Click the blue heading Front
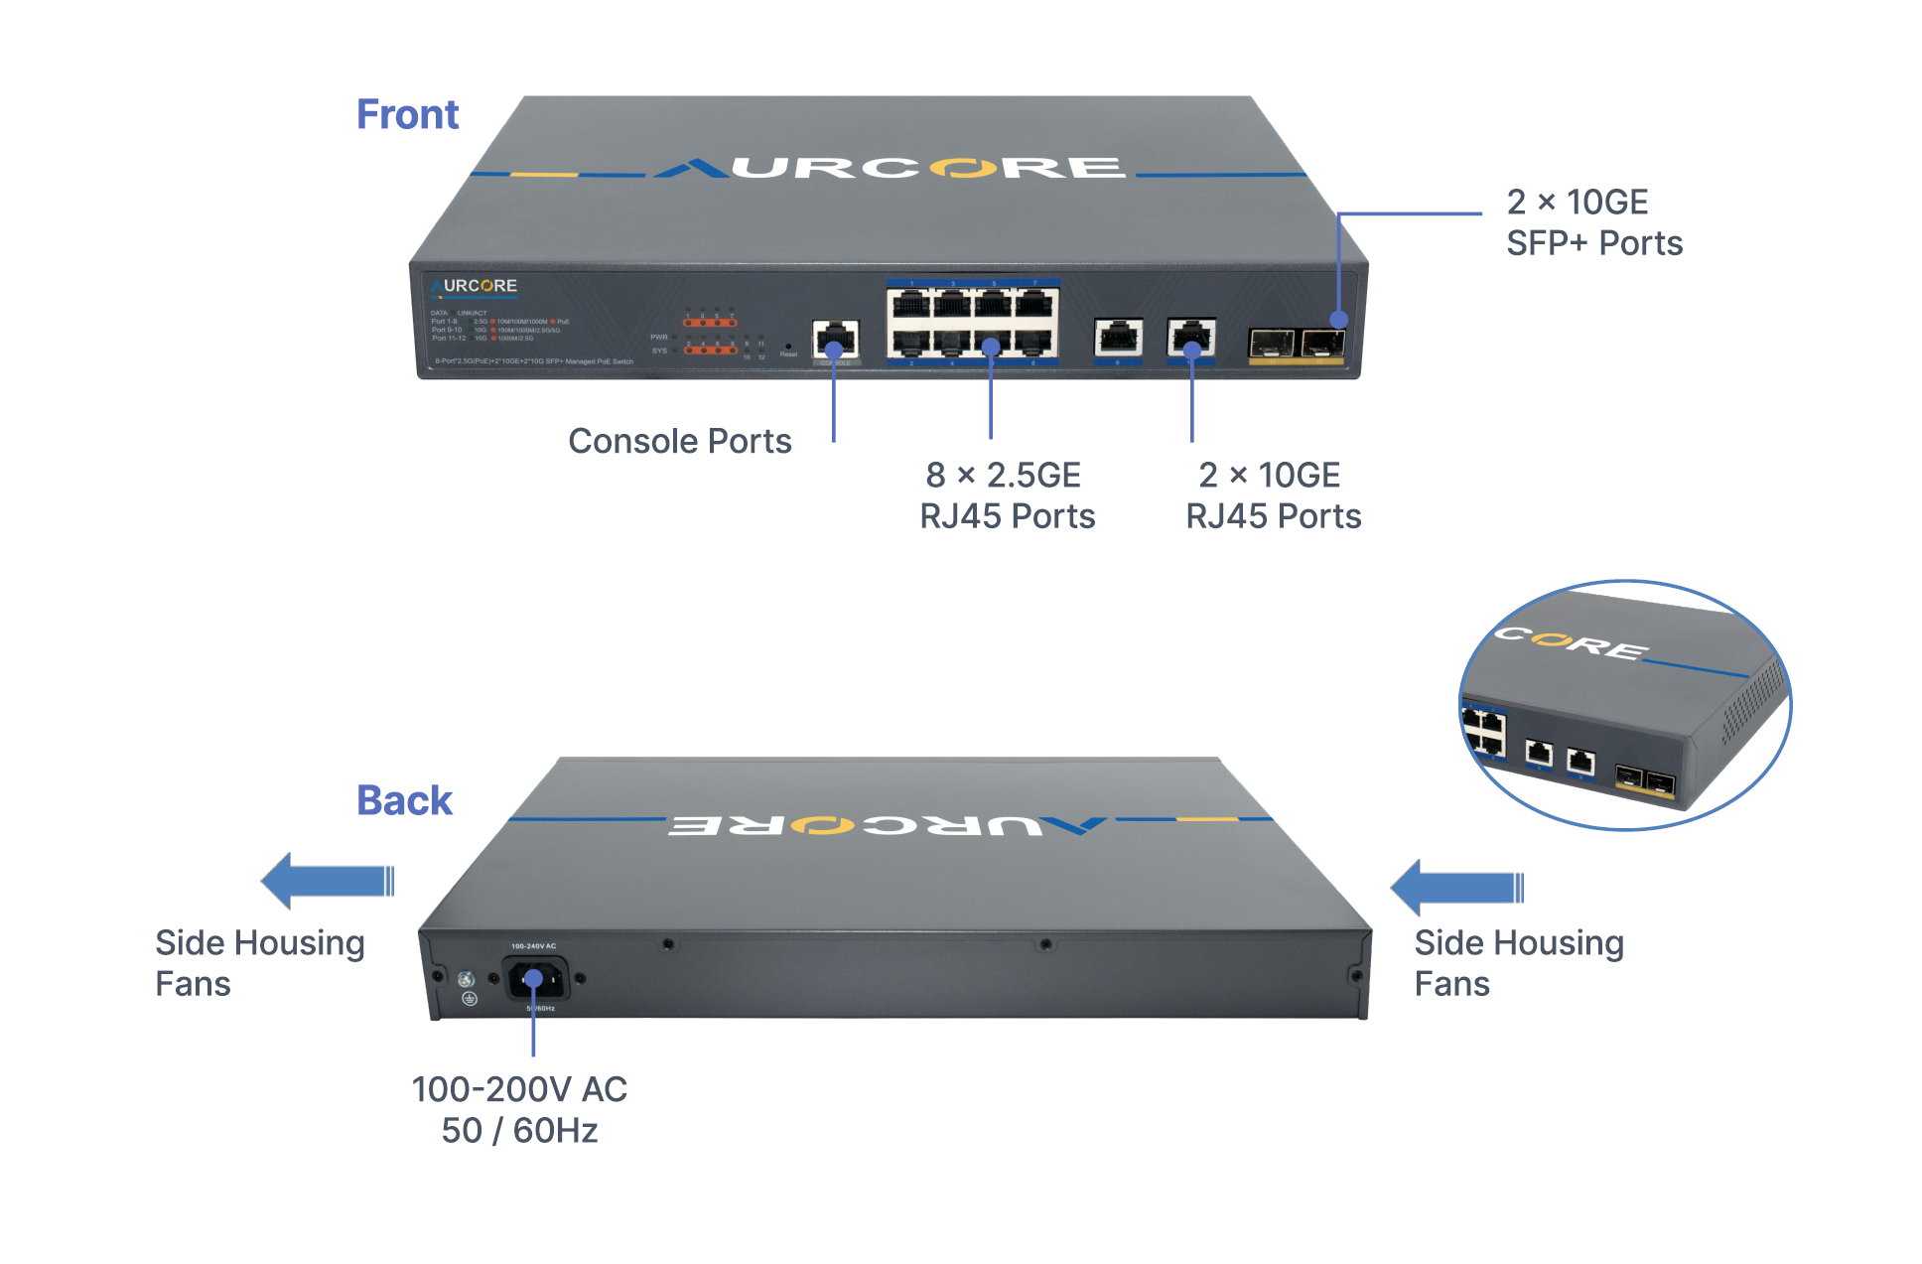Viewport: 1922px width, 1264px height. click(x=407, y=115)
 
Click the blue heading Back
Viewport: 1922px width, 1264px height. click(x=404, y=800)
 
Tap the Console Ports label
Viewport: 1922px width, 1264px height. click(x=679, y=441)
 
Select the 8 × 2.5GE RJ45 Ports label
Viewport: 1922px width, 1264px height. click(x=1007, y=495)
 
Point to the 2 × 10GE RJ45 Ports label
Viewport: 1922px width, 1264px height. click(x=1273, y=495)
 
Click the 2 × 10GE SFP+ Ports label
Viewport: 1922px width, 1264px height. click(x=1593, y=222)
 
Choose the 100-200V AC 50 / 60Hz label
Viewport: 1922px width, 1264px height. click(x=519, y=1110)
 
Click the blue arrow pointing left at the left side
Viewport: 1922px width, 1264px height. click(x=327, y=881)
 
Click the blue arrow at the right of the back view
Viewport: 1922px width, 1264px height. click(x=1456, y=887)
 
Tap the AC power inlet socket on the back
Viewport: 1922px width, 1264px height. click(x=535, y=979)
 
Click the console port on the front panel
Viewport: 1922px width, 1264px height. click(x=835, y=340)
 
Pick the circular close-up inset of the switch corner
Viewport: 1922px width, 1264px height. click(x=1624, y=705)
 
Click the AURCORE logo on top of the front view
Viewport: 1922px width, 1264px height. click(x=891, y=168)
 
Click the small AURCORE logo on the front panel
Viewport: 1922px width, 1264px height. click(x=475, y=286)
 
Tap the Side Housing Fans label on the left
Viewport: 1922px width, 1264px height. click(x=259, y=962)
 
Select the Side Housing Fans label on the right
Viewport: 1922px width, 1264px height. click(x=1518, y=962)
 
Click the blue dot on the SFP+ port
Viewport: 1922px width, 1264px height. click(x=1338, y=320)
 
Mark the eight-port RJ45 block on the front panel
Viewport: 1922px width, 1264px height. click(x=972, y=323)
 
